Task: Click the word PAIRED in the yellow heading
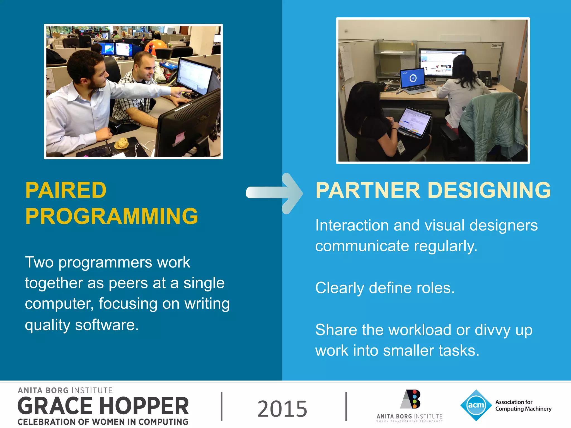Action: (x=66, y=190)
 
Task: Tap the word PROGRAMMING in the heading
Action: (x=112, y=216)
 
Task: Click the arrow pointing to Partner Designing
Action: (x=275, y=193)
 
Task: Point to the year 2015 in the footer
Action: (x=282, y=409)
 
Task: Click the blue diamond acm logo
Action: (x=476, y=405)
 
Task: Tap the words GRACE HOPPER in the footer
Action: (x=103, y=406)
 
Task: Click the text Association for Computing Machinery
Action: (x=523, y=405)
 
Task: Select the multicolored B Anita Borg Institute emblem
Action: (x=411, y=399)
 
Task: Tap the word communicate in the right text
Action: (x=362, y=246)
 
